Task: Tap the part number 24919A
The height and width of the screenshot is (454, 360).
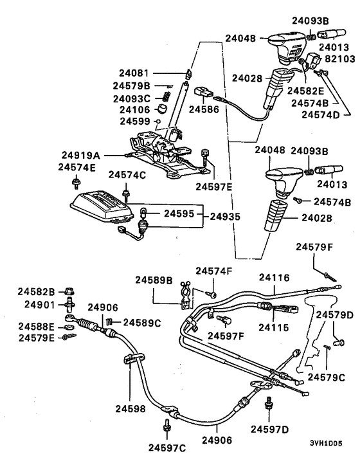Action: click(x=80, y=155)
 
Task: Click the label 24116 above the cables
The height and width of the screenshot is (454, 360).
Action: click(x=275, y=278)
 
